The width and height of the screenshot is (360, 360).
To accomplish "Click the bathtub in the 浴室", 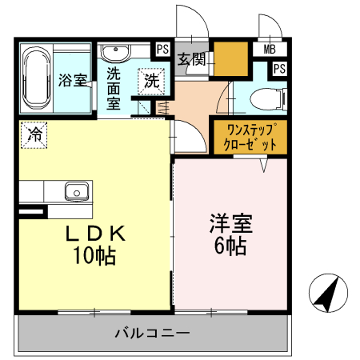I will [37, 79].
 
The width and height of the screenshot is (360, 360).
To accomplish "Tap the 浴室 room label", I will [73, 81].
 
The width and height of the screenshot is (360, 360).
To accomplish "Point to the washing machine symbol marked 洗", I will [151, 80].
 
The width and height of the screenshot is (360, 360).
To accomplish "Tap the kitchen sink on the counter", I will [77, 192].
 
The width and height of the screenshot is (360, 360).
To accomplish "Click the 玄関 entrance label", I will [192, 58].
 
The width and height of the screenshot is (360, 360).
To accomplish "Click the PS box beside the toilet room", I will [278, 69].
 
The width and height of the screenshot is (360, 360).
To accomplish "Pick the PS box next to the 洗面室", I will [162, 49].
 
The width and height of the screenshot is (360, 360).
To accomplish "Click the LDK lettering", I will [94, 234].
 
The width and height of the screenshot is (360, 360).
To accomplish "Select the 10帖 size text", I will [94, 256].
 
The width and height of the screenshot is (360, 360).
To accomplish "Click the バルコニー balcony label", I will [151, 332].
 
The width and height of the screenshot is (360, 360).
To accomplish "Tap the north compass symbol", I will [327, 294].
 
